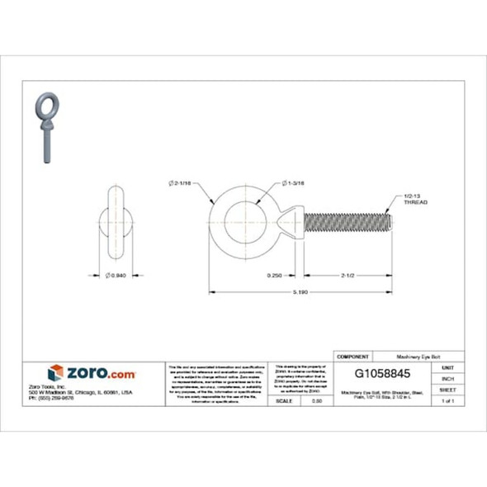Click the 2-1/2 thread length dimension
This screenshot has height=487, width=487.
345,274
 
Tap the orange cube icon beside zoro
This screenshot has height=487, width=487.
55,372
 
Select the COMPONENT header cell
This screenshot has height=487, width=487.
353,356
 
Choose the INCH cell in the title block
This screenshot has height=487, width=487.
447,378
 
